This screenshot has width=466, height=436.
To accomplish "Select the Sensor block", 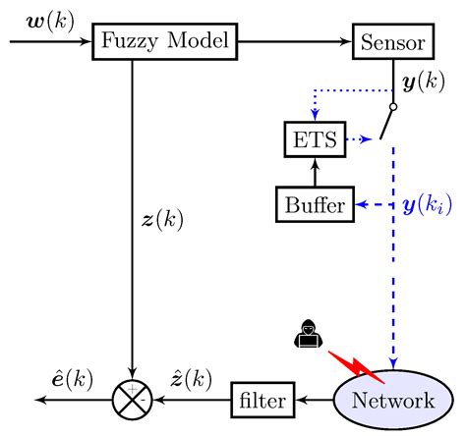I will tap(393, 42).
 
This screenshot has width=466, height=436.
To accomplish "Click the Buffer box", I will tap(315, 204).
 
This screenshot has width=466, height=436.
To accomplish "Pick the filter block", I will tap(262, 400).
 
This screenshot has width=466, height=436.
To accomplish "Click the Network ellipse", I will tap(393, 400).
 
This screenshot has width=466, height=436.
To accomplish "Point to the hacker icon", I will tap(306, 336).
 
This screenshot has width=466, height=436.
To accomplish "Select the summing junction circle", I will tap(132, 400).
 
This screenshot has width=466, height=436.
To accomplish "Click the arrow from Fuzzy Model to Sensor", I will tap(295, 42).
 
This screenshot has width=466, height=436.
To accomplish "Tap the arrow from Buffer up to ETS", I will tap(315, 171).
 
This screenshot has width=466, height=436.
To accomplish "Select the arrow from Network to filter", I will tap(315, 400).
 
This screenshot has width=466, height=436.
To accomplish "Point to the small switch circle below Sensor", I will tap(393, 106).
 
